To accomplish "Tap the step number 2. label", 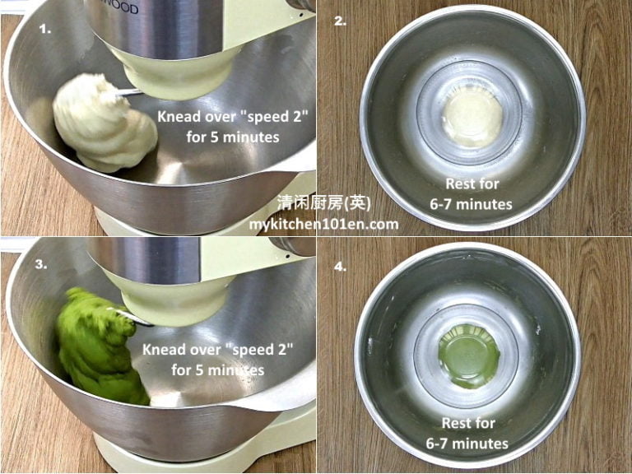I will click(x=340, y=22).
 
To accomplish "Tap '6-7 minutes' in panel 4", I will click(x=467, y=444).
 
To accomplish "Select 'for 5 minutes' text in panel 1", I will click(x=233, y=137).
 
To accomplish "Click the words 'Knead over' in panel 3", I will click(x=180, y=350).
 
